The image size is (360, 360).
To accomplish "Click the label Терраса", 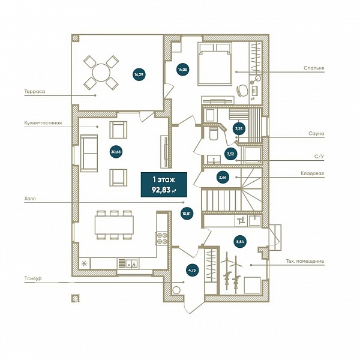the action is click(x=35, y=91).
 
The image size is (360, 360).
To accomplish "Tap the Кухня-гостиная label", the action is click(x=43, y=123).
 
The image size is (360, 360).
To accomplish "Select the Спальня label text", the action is click(x=314, y=68).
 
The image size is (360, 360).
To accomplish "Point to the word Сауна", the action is click(x=316, y=133).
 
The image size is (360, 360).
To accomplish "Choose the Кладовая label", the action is click(x=312, y=173).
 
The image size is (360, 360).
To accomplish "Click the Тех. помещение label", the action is click(x=305, y=261).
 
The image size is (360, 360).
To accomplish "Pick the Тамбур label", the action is click(x=33, y=278).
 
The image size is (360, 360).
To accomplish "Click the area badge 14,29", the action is click(x=139, y=74).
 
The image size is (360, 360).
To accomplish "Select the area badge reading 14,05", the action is click(x=183, y=70).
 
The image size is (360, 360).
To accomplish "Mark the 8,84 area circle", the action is click(x=240, y=242).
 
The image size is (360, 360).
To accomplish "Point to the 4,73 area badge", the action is click(x=192, y=270).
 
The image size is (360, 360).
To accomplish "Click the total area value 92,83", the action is click(x=161, y=190).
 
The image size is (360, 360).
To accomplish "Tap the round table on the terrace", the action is click(x=101, y=73).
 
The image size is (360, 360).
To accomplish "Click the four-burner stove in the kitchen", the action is click(x=161, y=239).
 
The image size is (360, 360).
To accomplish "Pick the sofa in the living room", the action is click(x=89, y=154).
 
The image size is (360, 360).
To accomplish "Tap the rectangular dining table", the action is click(x=115, y=225).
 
